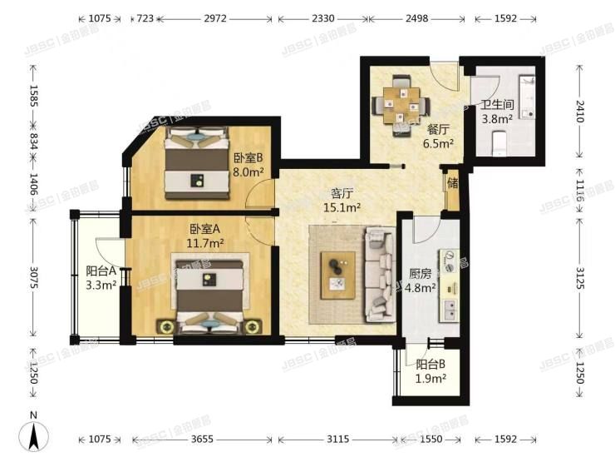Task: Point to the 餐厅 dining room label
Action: pos(439,130)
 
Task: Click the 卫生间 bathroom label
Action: pos(497,106)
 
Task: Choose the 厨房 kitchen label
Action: pos(421,273)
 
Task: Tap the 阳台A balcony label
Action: pos(101,271)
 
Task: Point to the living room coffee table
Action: pos(339,272)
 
